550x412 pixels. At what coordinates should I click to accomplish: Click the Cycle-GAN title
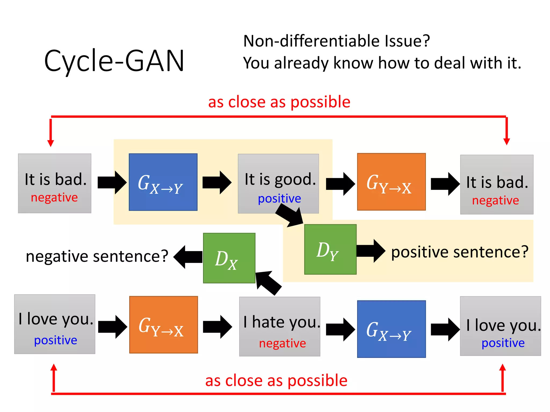pos(114,61)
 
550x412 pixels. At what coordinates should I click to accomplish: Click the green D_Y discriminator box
pos(330,249)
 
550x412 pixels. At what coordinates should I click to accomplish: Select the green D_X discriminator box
pos(229,258)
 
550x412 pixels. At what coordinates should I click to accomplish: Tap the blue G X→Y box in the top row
pos(163,182)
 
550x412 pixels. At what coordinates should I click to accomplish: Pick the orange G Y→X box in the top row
pos(391,182)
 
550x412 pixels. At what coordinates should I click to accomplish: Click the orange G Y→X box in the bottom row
pos(163,325)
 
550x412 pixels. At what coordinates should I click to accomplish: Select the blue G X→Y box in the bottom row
pos(391,329)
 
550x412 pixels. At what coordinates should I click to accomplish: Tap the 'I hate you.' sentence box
pos(279,326)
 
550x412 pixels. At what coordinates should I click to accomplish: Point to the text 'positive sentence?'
pos(459,252)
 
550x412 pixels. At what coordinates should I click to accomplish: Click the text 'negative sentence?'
pos(97,256)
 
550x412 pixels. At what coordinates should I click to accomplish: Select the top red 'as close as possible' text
pos(279,102)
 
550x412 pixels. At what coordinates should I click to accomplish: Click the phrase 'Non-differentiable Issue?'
pos(336,41)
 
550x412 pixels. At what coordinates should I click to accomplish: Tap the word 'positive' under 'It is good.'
pos(279,199)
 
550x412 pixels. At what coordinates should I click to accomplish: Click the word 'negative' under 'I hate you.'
pos(282,343)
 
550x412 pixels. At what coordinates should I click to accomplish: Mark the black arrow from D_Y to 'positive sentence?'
pos(371,251)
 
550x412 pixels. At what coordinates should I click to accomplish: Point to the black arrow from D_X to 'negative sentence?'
pos(188,257)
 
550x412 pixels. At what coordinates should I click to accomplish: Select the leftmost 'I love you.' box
pos(55,324)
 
